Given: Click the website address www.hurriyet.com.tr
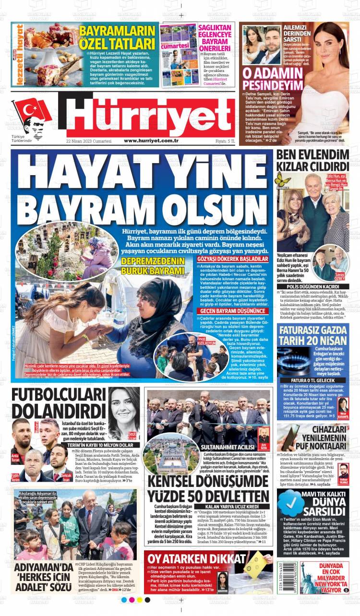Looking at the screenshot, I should pos(151,141).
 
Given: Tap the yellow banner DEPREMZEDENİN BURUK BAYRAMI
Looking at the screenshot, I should pos(153,266).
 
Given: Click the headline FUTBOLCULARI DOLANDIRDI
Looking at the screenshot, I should pos(58,403).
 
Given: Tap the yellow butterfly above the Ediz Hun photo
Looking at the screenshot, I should pos(283,179).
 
